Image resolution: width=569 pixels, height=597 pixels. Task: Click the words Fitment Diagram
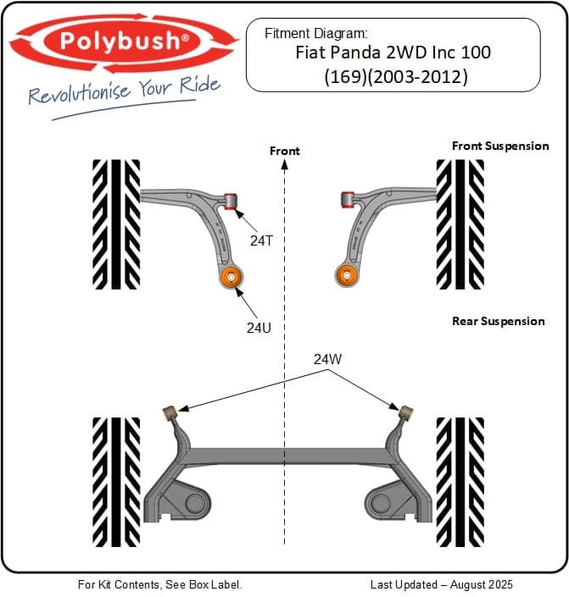click(x=315, y=34)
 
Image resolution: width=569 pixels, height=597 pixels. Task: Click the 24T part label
click(x=261, y=240)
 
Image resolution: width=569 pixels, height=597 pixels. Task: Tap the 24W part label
click(x=327, y=359)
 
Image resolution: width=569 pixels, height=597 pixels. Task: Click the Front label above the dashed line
click(x=284, y=151)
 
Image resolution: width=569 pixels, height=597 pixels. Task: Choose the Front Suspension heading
click(x=500, y=146)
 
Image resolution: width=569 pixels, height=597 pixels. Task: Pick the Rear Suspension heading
click(x=498, y=321)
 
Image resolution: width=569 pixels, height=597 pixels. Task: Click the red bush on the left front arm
click(x=230, y=201)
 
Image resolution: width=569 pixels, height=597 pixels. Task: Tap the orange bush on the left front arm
click(x=231, y=276)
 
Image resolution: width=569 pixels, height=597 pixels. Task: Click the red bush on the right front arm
click(x=346, y=200)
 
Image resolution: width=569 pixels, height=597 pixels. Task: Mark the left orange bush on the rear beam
click(x=169, y=412)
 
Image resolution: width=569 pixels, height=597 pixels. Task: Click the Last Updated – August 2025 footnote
click(x=441, y=584)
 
